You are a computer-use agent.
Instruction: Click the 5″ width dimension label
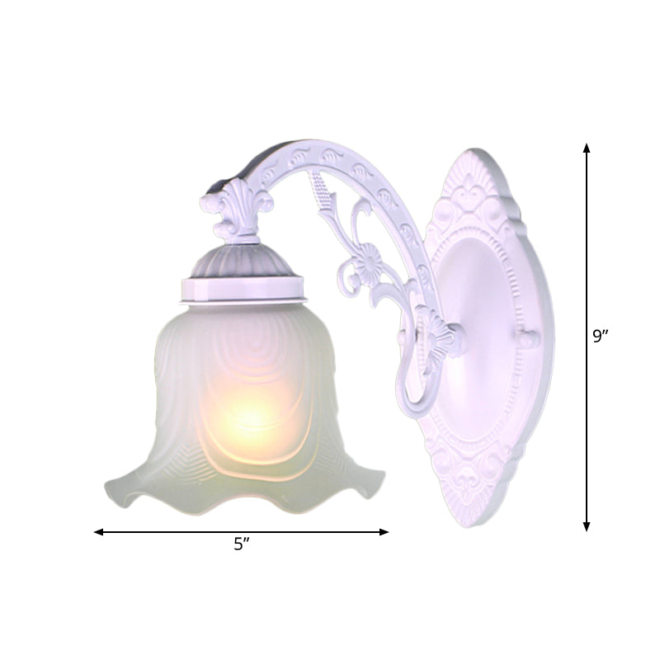[x=241, y=544]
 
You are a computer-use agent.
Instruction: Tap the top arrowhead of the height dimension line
[x=587, y=148]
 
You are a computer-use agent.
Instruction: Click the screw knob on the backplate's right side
[x=528, y=338]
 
